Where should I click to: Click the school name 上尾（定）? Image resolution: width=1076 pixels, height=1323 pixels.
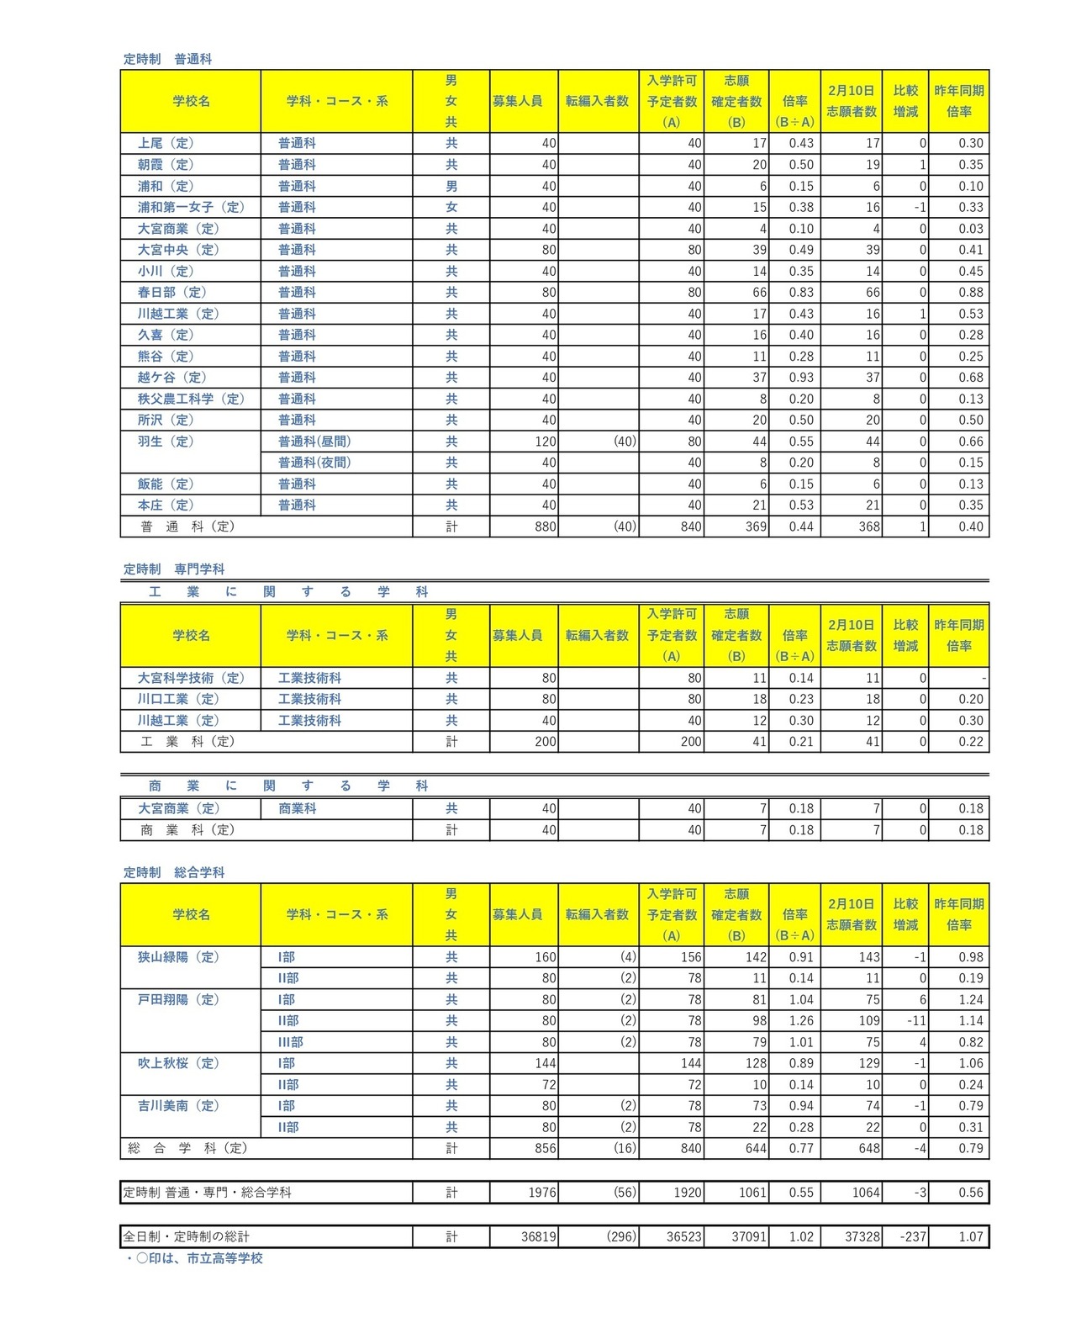click(166, 143)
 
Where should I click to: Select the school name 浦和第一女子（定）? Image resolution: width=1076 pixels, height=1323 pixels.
click(191, 207)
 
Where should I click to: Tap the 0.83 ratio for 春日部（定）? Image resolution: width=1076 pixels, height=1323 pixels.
click(801, 292)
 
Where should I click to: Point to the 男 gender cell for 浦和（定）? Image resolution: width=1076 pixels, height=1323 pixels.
click(451, 186)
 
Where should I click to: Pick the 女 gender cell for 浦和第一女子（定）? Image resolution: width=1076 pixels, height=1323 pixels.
click(451, 207)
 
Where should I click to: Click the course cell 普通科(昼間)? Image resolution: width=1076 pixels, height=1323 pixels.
click(314, 441)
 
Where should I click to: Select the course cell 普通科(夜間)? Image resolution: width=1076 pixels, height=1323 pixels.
click(314, 462)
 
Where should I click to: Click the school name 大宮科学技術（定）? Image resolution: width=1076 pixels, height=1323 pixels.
click(192, 677)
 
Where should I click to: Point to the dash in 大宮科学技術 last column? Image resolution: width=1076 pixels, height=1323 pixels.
click(983, 677)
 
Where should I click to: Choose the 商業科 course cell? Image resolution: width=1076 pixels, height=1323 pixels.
click(298, 808)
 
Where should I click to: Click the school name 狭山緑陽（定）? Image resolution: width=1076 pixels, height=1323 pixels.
click(178, 956)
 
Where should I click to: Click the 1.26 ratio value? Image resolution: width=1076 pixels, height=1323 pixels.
click(801, 1020)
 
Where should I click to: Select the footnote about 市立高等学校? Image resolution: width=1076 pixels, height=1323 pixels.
click(193, 1258)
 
